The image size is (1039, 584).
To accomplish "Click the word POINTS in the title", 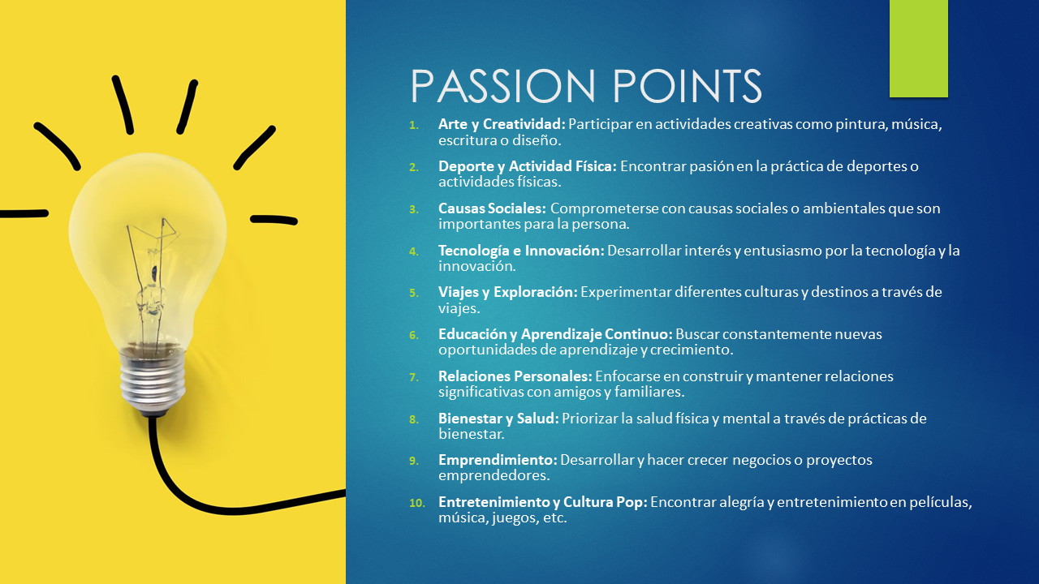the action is point(688,86).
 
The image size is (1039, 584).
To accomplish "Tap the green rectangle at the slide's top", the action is point(918,49).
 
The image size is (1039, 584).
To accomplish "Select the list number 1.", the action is point(414,125).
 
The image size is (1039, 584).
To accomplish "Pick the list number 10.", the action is point(417,503).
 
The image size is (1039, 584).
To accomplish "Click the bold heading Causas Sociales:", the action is point(492,208).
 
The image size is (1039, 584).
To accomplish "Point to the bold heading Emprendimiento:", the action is point(498,460).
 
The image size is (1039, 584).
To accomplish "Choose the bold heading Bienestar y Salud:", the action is point(498,419).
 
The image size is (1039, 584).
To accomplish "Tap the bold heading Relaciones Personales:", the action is point(515,376).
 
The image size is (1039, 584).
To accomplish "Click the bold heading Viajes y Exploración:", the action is point(508,292).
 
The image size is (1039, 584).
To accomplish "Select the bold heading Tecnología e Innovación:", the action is point(521,251).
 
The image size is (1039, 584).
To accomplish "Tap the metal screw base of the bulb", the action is point(152,381).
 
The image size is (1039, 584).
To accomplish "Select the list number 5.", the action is point(414,293).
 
